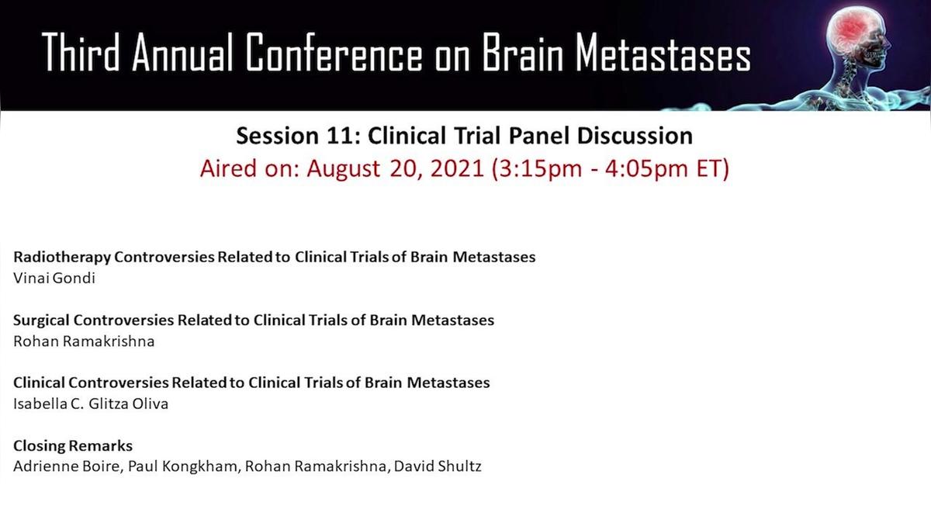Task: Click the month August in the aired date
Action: (343, 169)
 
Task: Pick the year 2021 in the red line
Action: (457, 169)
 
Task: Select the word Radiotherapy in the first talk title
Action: (62, 258)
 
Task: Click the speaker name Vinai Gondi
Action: (54, 278)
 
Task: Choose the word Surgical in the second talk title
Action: (41, 320)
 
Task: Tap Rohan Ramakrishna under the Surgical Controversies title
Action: (84, 341)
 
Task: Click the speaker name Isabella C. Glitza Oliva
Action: (91, 404)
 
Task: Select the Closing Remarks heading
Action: (73, 445)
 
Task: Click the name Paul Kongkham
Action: (184, 466)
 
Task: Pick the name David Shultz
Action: (438, 466)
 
